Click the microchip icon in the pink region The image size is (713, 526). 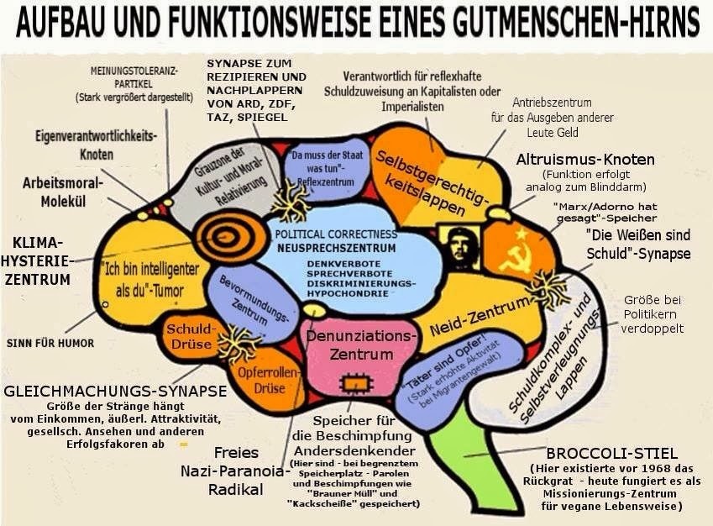[352, 384]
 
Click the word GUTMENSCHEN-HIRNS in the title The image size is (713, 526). [553, 23]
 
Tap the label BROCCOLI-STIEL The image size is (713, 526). [611, 453]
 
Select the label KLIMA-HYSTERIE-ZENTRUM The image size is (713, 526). [36, 260]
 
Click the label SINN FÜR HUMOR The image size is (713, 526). [50, 343]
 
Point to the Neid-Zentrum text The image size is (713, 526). [480, 315]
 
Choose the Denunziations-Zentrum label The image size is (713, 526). [361, 345]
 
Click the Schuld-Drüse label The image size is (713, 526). [189, 336]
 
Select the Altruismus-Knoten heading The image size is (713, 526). [585, 160]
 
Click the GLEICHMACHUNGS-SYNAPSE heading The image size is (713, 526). [115, 391]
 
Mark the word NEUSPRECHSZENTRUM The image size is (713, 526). [337, 248]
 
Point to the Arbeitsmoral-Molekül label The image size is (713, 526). [63, 192]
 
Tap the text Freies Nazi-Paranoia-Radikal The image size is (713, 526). [235, 471]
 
